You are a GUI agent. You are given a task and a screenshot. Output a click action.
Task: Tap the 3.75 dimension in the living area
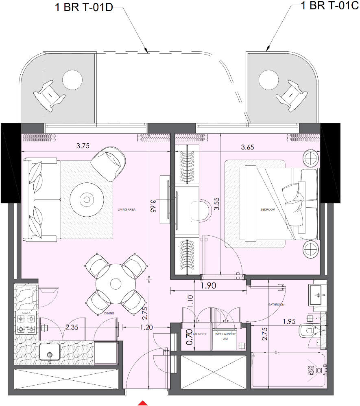click(83, 145)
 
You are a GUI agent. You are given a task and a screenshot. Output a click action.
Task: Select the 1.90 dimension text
click(208, 285)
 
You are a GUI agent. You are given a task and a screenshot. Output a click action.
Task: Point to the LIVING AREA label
click(126, 210)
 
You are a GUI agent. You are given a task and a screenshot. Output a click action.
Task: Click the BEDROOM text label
click(268, 210)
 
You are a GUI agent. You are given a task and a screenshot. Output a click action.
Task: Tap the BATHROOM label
click(276, 305)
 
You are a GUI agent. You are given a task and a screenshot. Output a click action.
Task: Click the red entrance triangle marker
click(142, 403)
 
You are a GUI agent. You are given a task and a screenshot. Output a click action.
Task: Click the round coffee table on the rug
click(87, 199)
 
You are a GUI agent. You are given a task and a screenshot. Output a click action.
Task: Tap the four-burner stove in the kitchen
click(26, 322)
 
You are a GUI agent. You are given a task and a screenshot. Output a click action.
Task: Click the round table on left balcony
click(73, 79)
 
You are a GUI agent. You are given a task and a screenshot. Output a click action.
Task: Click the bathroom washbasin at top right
click(318, 294)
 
